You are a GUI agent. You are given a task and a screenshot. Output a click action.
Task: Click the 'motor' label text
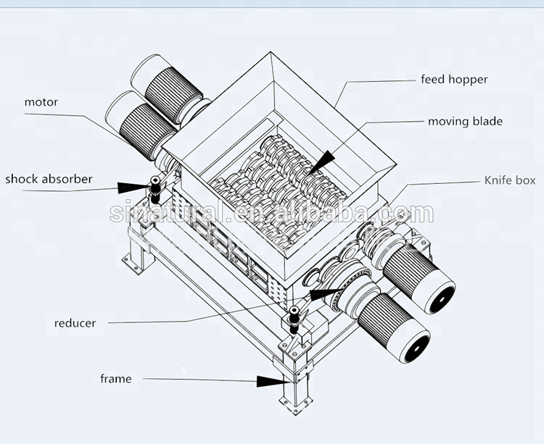pyautogui.click(x=41, y=102)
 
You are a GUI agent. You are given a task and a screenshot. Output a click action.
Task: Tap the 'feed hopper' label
pyautogui.click(x=455, y=79)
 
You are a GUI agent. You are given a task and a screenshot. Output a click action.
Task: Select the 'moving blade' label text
pyautogui.click(x=465, y=121)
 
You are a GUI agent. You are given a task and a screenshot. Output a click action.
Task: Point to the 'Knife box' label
pyautogui.click(x=510, y=180)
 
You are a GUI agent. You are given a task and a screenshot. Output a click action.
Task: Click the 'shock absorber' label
pyautogui.click(x=48, y=178)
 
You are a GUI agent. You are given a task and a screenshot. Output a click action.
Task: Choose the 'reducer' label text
pyautogui.click(x=75, y=322)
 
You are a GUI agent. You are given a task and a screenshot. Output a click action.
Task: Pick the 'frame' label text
pyautogui.click(x=116, y=379)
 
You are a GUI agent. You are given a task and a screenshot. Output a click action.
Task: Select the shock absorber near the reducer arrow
pyautogui.click(x=294, y=318)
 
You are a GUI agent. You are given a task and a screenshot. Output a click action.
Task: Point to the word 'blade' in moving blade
pyautogui.click(x=487, y=121)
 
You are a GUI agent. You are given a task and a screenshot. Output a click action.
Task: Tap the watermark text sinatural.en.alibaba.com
pyautogui.click(x=272, y=213)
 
